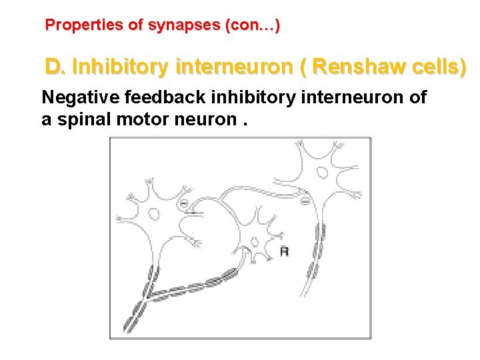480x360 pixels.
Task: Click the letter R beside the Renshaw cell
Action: pos(284,251)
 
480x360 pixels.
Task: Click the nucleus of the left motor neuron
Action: pos(154,214)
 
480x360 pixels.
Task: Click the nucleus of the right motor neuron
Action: pos(321,172)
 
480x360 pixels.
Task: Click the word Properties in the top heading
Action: pos(84,26)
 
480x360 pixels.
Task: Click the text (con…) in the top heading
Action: pos(253,26)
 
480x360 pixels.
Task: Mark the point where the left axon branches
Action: pos(151,295)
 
